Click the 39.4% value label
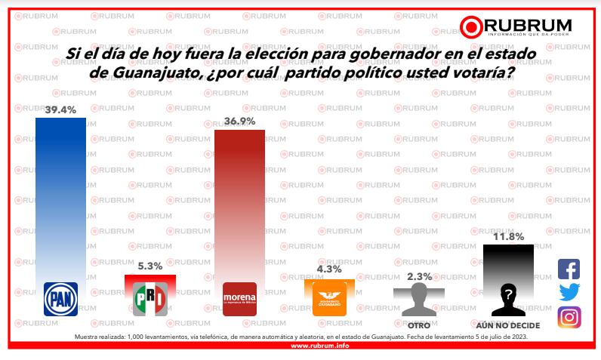[60, 110]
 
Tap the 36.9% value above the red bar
[239, 122]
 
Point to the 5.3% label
[149, 265]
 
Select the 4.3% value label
[329, 269]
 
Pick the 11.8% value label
[508, 236]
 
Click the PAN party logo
[60, 298]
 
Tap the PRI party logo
[149, 300]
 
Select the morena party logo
[239, 300]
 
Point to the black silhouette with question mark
[508, 298]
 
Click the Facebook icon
[569, 269]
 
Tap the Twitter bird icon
[569, 293]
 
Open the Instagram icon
[569, 317]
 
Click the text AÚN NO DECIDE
[508, 325]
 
